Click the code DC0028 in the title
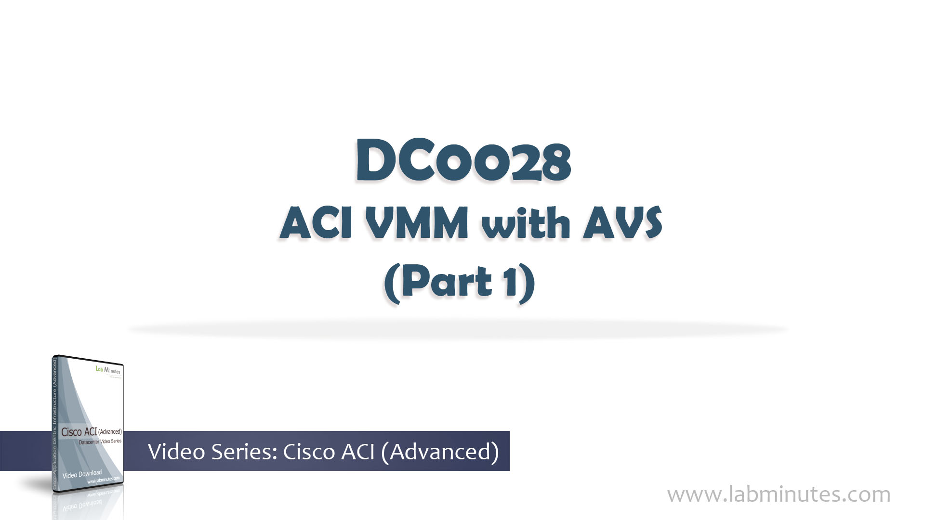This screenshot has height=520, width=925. tap(463, 161)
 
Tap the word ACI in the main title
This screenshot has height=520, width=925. tap(316, 223)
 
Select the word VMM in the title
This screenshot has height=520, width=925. tap(416, 223)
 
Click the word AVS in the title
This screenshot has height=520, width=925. tap(622, 223)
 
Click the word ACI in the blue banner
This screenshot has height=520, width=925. tap(357, 452)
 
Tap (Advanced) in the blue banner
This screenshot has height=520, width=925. tap(440, 452)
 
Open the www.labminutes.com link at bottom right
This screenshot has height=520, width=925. tap(779, 494)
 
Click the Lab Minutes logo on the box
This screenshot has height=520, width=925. tap(108, 370)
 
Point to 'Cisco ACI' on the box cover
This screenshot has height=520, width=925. tap(79, 432)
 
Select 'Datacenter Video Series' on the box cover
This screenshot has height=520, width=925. tap(100, 442)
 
